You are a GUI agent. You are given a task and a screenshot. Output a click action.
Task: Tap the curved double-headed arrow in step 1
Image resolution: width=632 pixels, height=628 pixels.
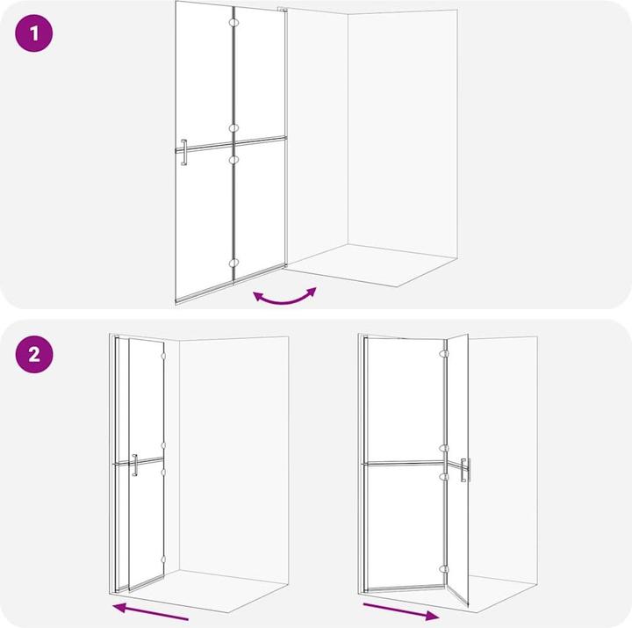[284, 297]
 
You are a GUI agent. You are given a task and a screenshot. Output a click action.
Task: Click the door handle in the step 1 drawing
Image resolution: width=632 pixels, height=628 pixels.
[183, 151]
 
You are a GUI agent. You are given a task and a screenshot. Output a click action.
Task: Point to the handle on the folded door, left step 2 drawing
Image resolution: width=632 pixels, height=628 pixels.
[134, 465]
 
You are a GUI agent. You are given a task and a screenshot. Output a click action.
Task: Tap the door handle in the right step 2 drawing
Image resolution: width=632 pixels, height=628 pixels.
[464, 470]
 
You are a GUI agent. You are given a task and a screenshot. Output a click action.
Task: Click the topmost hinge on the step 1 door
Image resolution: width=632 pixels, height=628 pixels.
[233, 20]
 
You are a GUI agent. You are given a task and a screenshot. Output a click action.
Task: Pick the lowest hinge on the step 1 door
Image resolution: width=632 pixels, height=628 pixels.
[233, 262]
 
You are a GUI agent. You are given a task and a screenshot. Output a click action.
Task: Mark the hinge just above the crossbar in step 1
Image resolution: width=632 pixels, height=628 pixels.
[233, 128]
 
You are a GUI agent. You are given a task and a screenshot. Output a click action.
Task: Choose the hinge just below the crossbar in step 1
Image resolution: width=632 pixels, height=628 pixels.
[233, 159]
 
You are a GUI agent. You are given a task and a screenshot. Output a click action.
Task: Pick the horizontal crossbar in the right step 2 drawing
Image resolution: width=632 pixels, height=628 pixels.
[404, 462]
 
